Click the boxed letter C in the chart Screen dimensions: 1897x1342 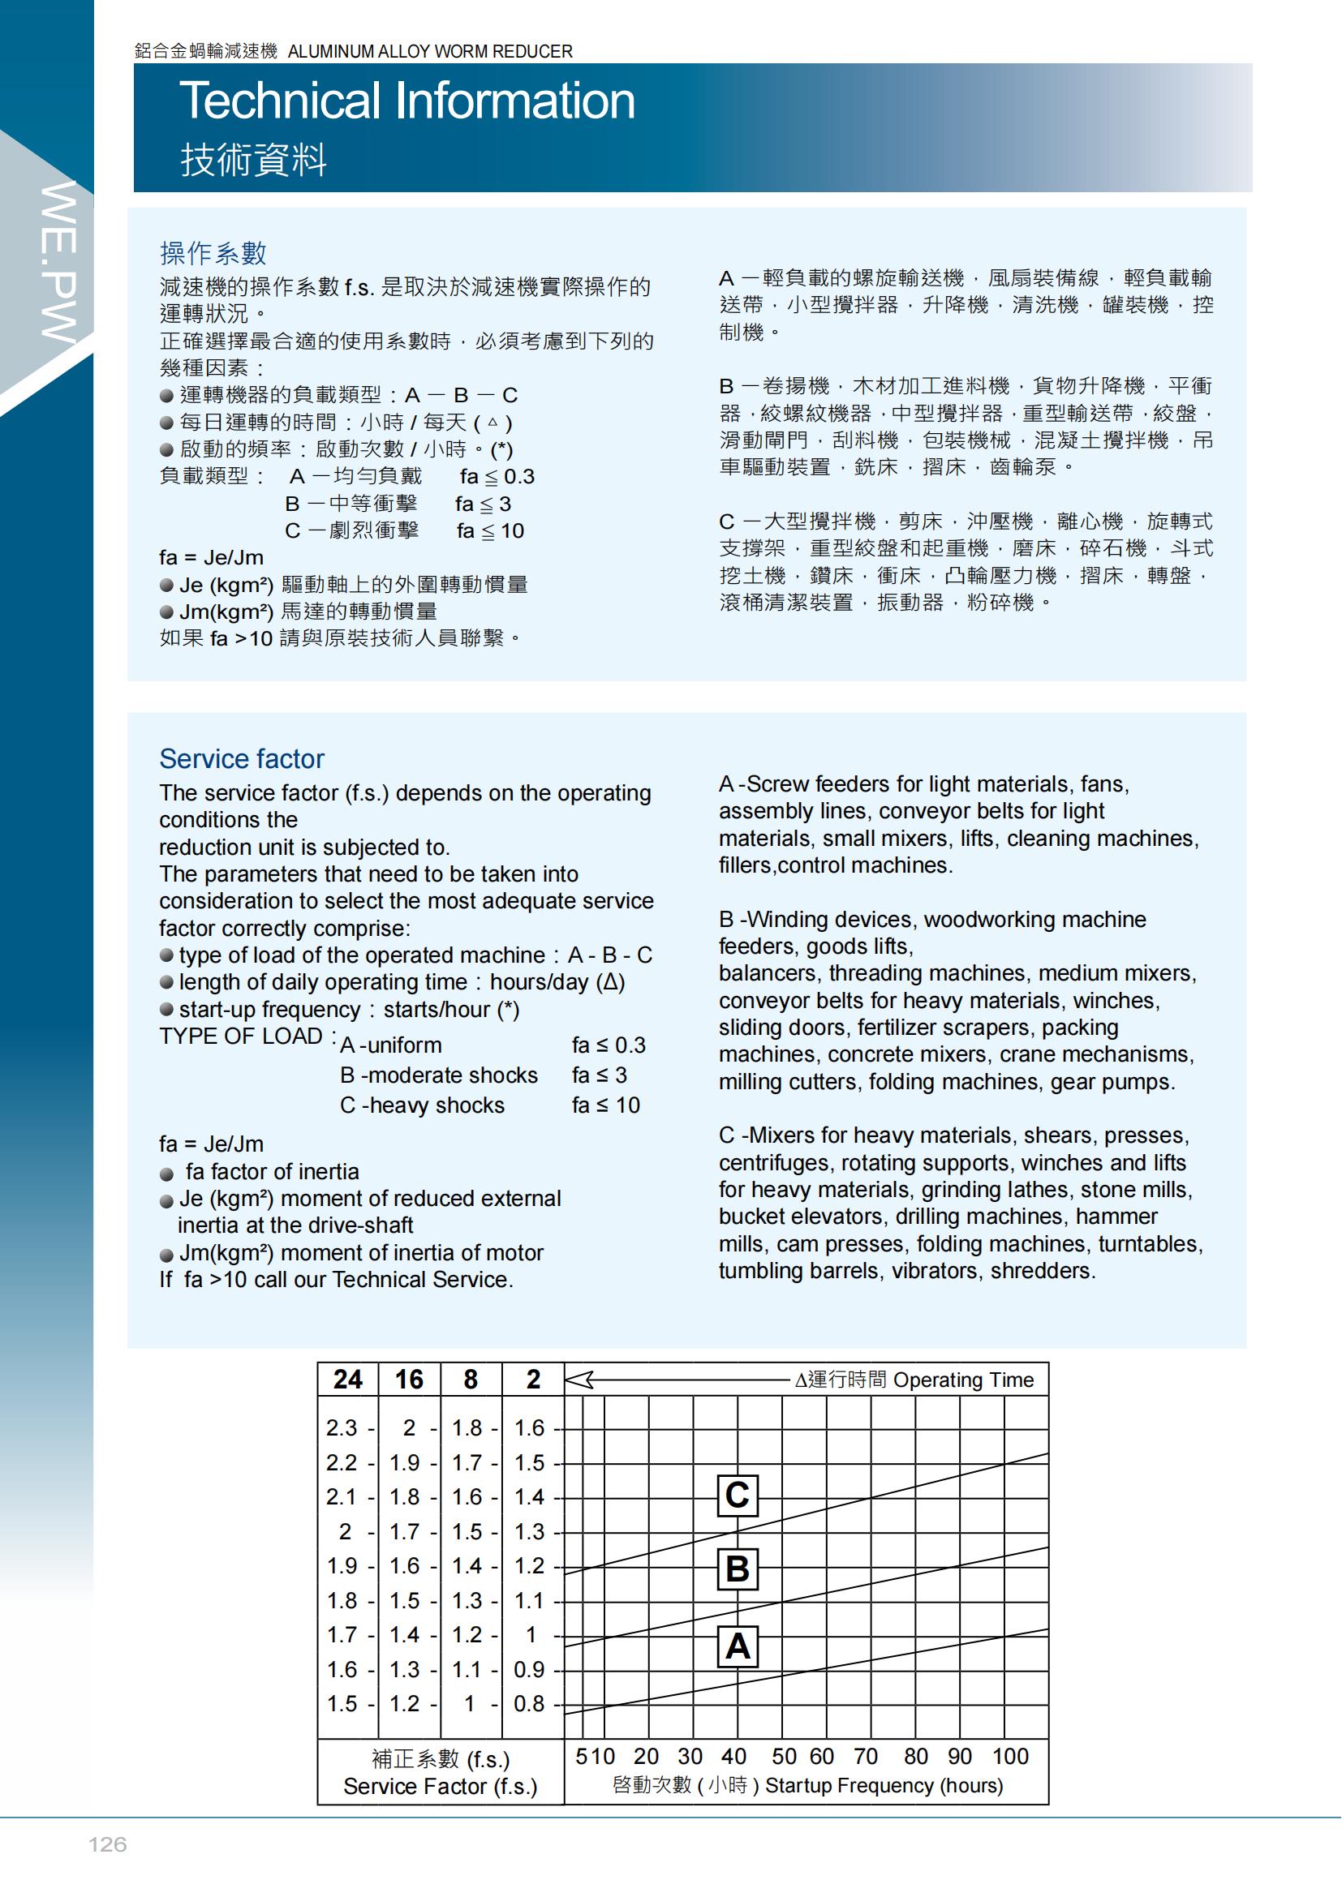736,1495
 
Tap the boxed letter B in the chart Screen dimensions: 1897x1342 736,1569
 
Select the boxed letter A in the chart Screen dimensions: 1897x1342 736,1646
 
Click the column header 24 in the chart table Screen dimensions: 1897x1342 348,1379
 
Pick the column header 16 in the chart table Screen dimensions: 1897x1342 409,1379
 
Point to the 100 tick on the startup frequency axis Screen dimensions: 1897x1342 1010,1757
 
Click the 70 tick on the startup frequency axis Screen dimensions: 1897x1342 865,1757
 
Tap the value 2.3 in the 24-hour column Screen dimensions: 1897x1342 342,1427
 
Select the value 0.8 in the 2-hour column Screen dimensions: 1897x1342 529,1704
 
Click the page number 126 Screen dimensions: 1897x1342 107,1845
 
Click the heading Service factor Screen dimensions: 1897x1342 241,758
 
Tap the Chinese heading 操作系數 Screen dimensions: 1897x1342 213,253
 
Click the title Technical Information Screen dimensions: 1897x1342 407,101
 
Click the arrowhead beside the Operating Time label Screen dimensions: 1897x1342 579,1380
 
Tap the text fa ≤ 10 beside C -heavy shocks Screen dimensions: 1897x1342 606,1105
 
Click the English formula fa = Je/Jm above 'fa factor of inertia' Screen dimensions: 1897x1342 212,1144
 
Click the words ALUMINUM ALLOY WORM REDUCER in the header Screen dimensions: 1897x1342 430,51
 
